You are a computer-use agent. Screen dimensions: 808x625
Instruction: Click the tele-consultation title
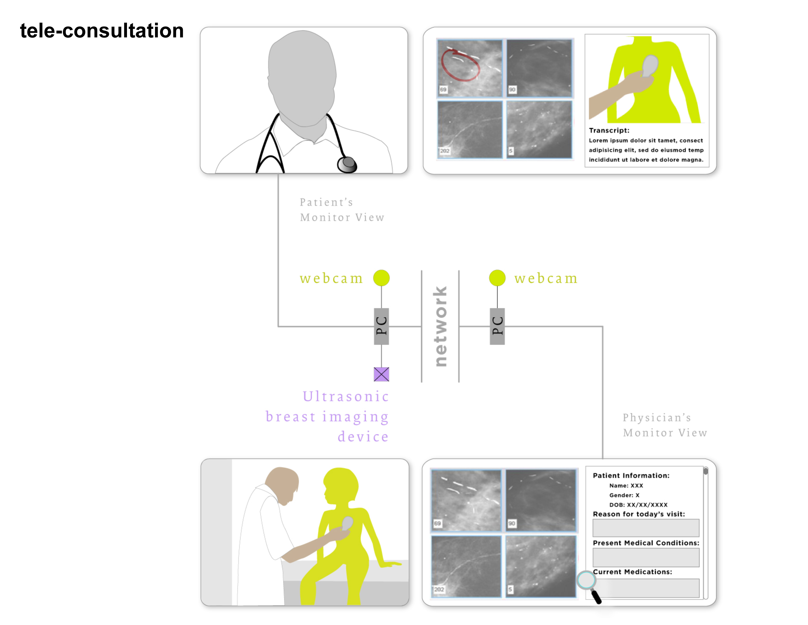coord(102,30)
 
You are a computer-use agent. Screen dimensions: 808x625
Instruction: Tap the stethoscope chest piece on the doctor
coord(347,164)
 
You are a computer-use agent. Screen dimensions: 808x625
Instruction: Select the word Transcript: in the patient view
coord(609,130)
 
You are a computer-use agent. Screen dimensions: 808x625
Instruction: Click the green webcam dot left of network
coord(382,278)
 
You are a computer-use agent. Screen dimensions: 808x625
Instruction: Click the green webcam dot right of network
coord(497,278)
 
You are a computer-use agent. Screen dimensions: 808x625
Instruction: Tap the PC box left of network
coord(382,326)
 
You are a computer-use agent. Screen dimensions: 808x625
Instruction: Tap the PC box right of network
coord(497,326)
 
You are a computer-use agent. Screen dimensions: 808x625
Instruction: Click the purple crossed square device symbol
coord(382,374)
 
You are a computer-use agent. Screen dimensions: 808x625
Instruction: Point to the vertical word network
coord(440,326)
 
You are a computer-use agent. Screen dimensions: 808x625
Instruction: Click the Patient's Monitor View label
coord(342,210)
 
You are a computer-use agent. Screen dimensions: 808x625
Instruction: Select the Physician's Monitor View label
coord(665,425)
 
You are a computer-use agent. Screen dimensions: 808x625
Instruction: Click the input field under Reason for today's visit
coord(646,528)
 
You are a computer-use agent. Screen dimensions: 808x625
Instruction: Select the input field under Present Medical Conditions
coord(646,557)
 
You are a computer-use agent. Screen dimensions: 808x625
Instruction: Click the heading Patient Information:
coord(631,476)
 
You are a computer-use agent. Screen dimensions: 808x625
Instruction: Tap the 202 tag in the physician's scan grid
coord(439,589)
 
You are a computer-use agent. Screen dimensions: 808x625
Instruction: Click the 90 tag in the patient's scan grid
coord(512,90)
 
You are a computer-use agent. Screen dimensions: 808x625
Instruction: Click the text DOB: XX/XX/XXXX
coord(639,505)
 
